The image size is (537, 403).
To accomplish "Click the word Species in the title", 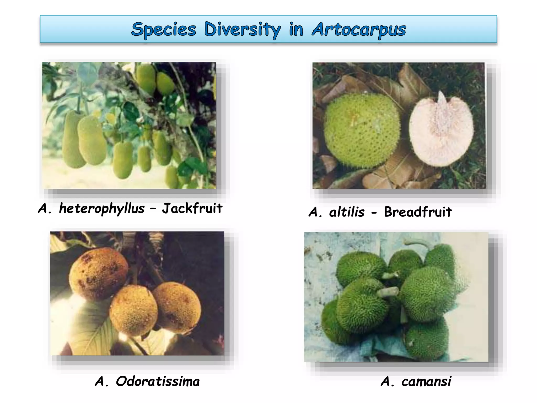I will click(164, 29).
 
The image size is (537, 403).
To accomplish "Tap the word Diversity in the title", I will click(242, 29).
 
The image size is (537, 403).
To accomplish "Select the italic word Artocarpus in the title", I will click(359, 29).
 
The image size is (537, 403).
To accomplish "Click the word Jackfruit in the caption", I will click(192, 209).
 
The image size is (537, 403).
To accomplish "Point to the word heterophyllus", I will click(102, 209).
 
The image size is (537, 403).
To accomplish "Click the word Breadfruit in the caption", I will click(418, 212).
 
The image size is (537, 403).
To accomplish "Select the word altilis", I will click(347, 212).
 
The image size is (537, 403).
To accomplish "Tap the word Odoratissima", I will click(158, 381).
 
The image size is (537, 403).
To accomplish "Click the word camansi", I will click(426, 381).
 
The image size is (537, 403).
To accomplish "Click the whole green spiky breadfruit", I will click(362, 130).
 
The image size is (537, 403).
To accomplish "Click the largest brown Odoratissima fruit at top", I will click(98, 273).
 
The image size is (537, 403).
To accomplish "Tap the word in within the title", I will click(296, 29).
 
